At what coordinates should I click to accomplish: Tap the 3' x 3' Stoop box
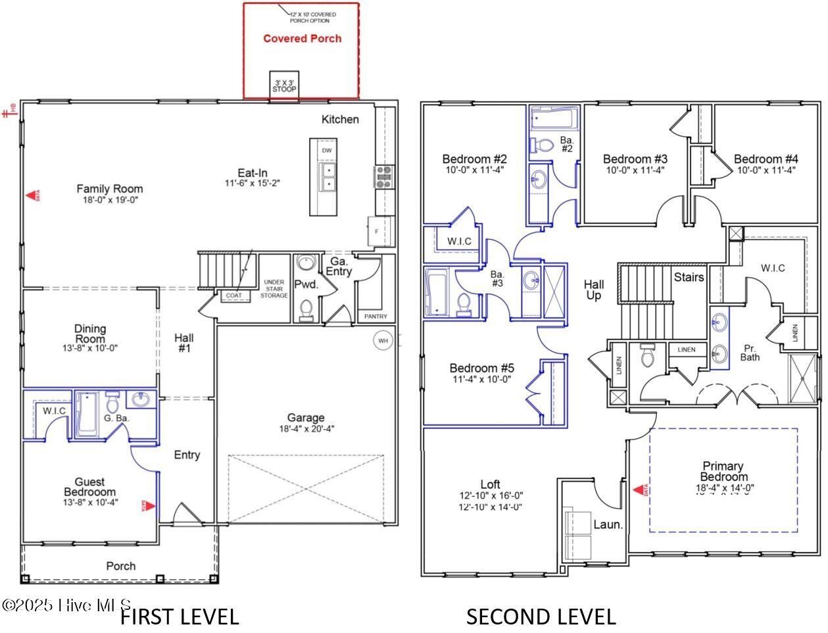[284, 85]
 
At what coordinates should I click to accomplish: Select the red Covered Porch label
[302, 39]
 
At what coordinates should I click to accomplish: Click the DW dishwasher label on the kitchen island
[327, 151]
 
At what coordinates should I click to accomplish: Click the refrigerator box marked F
[376, 232]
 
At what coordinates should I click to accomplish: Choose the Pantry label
[376, 316]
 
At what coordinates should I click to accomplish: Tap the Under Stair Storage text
[274, 289]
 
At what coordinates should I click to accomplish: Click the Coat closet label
[234, 296]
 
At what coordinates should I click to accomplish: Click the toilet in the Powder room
[306, 309]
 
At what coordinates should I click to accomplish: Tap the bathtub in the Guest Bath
[86, 415]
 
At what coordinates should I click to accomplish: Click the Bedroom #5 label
[481, 368]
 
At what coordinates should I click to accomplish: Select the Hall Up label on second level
[594, 290]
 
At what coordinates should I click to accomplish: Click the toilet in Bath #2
[543, 145]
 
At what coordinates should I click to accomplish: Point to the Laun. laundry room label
[608, 524]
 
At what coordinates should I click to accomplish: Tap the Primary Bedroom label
[723, 471]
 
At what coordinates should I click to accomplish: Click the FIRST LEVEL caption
[180, 617]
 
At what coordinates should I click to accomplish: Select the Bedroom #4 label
[766, 159]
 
